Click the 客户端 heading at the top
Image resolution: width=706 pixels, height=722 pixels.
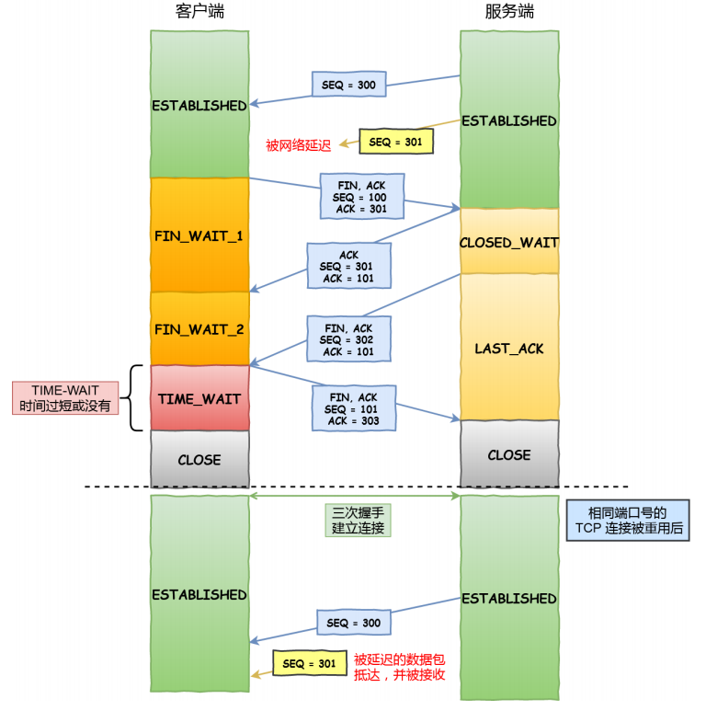tap(199, 12)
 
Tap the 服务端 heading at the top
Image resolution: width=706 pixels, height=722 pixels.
tap(509, 12)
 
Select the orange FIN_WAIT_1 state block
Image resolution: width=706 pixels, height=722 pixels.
tap(199, 235)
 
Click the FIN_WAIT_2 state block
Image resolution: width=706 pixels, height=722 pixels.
tap(199, 328)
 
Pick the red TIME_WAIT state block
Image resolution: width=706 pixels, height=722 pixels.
tap(199, 398)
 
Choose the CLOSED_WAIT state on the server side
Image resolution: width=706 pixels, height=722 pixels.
tap(509, 241)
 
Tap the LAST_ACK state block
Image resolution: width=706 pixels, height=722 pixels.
tap(509, 347)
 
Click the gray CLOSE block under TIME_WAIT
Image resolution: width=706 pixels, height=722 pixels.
tap(199, 459)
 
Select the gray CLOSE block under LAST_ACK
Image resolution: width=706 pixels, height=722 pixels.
tap(509, 453)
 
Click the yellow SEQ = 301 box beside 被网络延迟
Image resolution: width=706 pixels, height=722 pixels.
tap(396, 142)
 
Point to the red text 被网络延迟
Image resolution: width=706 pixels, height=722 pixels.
tap(298, 145)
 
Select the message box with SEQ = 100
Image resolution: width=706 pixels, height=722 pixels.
tap(362, 196)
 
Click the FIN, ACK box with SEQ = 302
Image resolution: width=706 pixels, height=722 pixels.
tap(348, 338)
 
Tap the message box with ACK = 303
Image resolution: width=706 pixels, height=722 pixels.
tap(354, 408)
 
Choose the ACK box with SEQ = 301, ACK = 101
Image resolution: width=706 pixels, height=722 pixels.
tap(348, 266)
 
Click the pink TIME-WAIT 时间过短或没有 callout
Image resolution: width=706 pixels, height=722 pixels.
tap(65, 398)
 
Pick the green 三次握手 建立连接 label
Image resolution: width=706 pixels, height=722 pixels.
tap(359, 520)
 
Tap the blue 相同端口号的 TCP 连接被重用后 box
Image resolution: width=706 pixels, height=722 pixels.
tap(628, 520)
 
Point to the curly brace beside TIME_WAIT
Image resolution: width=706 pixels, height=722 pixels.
tap(131, 398)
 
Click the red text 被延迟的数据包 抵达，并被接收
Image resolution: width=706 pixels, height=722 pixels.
tap(400, 667)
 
